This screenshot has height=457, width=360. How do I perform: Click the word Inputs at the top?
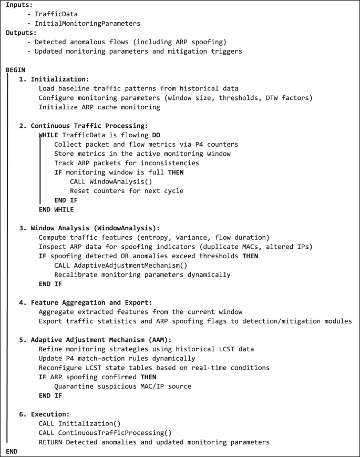tap(18, 5)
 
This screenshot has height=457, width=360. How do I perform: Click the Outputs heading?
tap(20, 34)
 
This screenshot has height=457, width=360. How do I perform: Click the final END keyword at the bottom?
tap(12, 451)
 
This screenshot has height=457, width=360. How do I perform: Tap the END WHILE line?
tap(56, 209)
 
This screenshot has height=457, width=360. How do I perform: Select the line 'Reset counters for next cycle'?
tap(127, 190)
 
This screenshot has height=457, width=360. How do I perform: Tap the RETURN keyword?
tap(50, 442)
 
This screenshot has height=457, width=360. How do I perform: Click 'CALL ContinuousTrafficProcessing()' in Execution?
tap(105, 432)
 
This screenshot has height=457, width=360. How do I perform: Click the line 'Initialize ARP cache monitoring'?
tap(99, 107)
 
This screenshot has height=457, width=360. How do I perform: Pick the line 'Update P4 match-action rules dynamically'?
tap(117, 358)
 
